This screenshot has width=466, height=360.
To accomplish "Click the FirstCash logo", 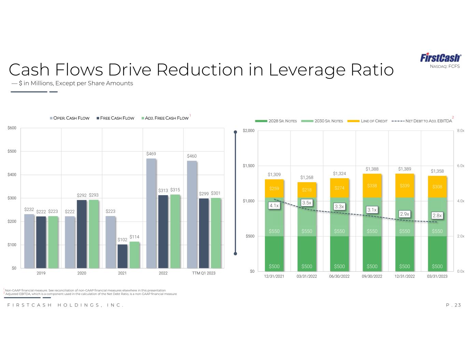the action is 440,57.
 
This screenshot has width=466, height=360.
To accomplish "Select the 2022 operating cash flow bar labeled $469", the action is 151,213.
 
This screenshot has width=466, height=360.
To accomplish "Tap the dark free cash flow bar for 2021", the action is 123,256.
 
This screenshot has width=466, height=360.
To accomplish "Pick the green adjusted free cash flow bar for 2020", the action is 94,234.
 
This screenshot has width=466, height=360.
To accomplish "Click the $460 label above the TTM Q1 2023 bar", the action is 192,156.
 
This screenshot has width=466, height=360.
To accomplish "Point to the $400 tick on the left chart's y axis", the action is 12,175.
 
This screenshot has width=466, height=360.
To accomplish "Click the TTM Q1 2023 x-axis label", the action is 204,273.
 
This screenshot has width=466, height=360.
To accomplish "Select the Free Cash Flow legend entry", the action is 115,118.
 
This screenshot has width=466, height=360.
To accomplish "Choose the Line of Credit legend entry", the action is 367,121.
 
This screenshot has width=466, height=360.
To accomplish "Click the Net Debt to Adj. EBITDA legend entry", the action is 422,121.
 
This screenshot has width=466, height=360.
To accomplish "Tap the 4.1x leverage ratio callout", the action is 274,206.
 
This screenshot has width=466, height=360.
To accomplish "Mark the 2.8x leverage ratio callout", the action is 437,216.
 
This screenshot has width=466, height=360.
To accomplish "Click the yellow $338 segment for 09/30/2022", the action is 372,186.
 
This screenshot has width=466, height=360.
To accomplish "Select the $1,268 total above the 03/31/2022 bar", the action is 307,177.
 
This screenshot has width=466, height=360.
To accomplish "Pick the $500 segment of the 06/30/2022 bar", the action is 339,254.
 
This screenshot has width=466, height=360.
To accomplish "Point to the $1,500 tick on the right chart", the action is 249,165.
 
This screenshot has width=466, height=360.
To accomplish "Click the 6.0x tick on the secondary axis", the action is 461,165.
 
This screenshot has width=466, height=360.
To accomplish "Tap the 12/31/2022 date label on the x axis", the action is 405,276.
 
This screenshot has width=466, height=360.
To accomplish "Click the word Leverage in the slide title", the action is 307,70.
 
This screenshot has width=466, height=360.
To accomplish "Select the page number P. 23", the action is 453,305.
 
